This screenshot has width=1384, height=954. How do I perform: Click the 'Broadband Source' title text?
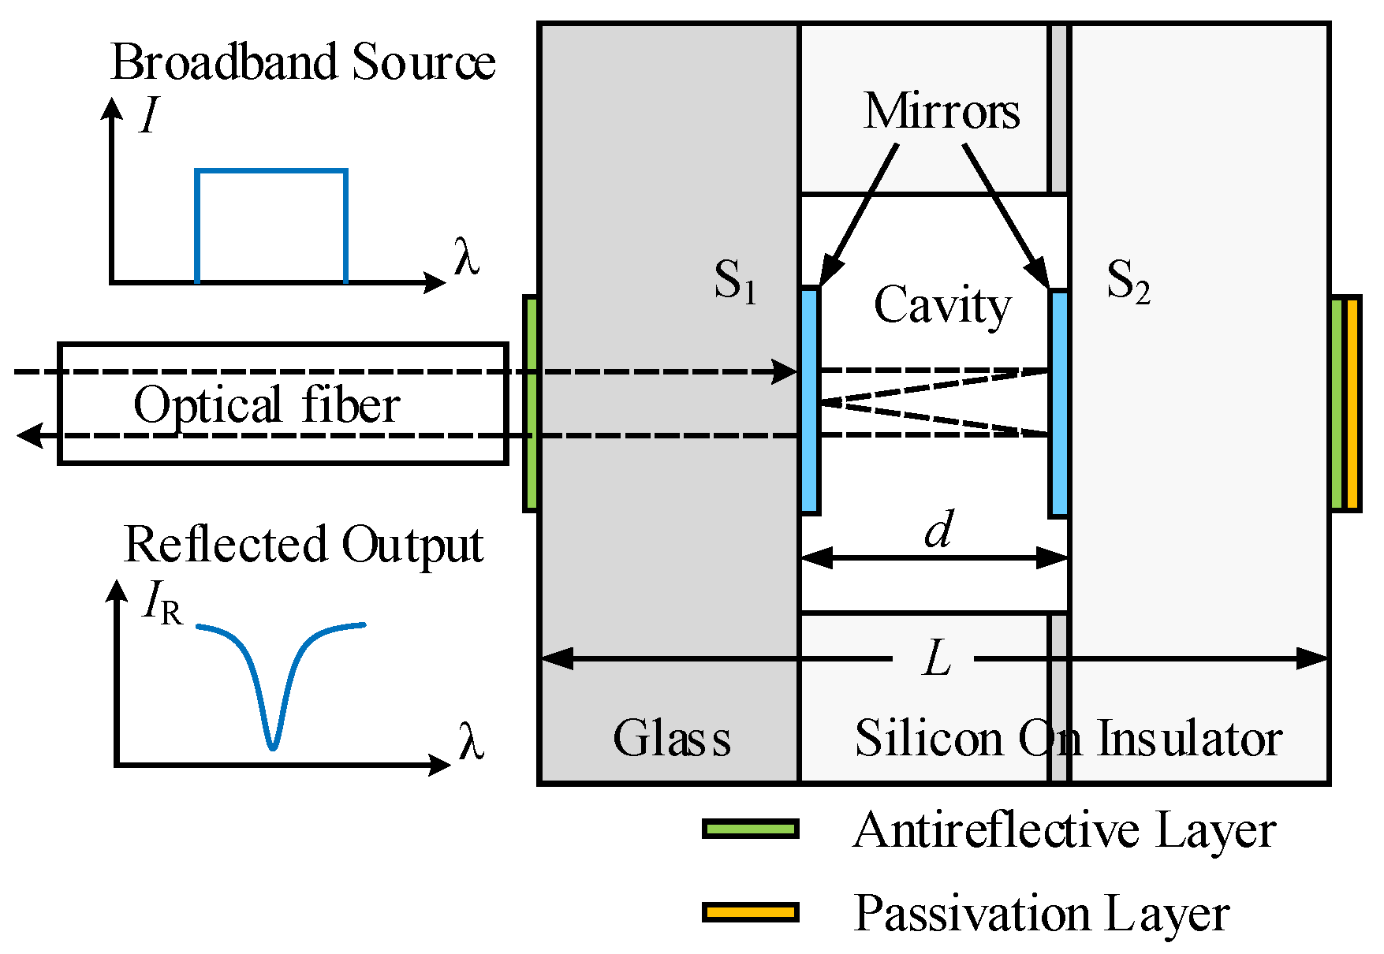tap(303, 62)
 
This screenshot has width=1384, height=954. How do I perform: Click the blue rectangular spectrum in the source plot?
tap(270, 171)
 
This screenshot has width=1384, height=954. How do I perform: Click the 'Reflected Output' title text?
tap(304, 545)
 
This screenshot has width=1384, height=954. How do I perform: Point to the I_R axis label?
tap(162, 603)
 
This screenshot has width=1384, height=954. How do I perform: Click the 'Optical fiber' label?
tap(267, 405)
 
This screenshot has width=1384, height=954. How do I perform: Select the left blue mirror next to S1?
tap(810, 401)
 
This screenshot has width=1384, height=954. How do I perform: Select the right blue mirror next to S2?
tap(1059, 403)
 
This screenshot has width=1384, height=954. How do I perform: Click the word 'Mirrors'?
tap(942, 111)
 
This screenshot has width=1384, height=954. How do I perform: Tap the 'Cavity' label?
tap(942, 306)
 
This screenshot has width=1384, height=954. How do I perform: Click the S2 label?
tap(1128, 281)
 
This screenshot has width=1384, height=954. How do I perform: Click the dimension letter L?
tap(937, 658)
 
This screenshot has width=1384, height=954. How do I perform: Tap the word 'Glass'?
tap(672, 739)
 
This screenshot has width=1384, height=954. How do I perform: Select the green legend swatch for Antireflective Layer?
tap(751, 829)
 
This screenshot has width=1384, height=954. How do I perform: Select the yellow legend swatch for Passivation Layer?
tap(751, 912)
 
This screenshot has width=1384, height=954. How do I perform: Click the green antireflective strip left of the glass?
tap(532, 403)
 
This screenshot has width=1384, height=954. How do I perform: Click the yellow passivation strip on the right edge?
tap(1352, 403)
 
